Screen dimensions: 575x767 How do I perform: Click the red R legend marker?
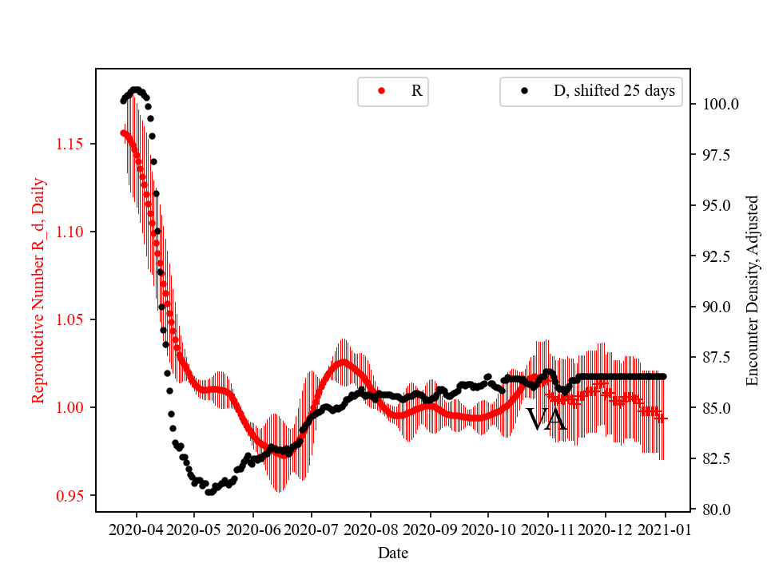[381, 91]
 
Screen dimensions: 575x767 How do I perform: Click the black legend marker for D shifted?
[524, 91]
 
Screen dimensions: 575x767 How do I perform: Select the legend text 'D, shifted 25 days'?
[614, 91]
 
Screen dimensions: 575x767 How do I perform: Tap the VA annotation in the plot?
[546, 420]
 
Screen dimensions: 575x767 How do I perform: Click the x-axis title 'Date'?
[393, 552]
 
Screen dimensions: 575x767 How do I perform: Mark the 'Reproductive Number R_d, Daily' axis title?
[38, 291]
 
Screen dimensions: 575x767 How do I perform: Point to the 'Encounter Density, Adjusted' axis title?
[752, 291]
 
